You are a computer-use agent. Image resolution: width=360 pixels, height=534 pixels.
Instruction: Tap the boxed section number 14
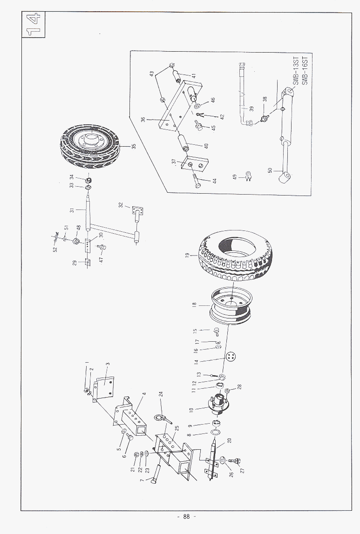pos(33,26)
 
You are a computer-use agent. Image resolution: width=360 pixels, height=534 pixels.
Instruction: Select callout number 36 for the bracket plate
pos(143,120)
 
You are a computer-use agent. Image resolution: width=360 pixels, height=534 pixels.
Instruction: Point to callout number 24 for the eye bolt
pos(160,393)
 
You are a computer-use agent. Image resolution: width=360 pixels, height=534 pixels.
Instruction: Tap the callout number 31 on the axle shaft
pos(72,210)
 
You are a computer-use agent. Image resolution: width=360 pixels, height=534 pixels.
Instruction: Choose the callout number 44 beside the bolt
pos(215,181)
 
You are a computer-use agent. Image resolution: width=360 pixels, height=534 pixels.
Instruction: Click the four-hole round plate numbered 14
pos(230,356)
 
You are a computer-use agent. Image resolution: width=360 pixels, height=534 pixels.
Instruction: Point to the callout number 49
pos(236,176)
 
